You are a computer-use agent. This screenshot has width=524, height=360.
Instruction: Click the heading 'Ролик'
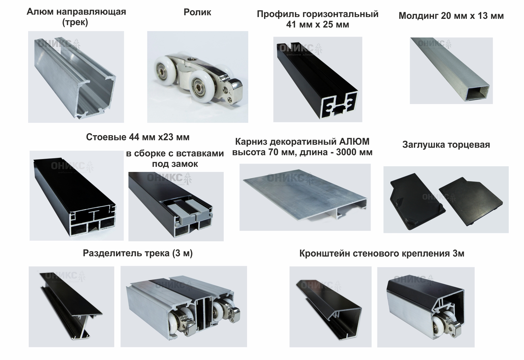(197, 12)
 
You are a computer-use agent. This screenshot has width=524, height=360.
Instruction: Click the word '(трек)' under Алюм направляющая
(75, 22)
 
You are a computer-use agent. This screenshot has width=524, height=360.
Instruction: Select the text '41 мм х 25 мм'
(317, 25)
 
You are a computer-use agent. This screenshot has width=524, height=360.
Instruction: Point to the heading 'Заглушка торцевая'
(446, 145)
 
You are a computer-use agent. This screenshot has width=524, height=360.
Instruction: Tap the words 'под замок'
(175, 164)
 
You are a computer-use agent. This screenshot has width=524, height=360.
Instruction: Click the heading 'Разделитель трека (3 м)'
(138, 253)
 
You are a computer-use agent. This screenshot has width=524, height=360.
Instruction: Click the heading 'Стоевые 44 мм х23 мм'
(138, 137)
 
